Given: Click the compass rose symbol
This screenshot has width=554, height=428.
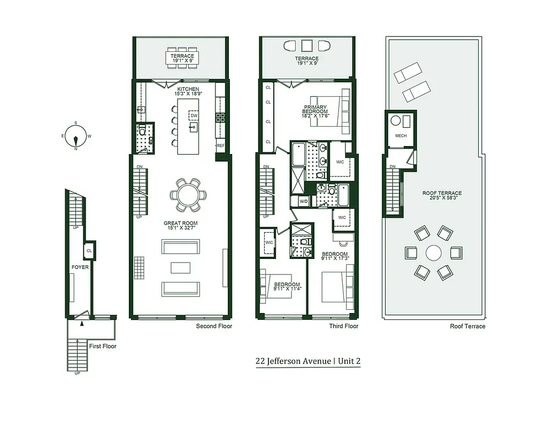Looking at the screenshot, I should click(x=76, y=136).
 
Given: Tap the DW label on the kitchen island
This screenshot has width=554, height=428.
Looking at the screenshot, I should click(x=194, y=116).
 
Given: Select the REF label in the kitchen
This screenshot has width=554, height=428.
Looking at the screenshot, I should click(x=220, y=145).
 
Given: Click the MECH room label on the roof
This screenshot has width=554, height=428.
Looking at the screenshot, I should click(x=401, y=136).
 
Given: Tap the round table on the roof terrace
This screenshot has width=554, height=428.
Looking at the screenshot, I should click(x=433, y=253).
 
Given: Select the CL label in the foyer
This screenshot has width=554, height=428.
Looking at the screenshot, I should click(x=89, y=250).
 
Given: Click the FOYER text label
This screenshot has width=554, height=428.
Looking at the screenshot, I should click(x=80, y=267).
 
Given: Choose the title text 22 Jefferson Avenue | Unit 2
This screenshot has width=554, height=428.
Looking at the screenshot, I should click(x=308, y=361).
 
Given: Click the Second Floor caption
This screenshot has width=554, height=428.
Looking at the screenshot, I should click(x=214, y=326).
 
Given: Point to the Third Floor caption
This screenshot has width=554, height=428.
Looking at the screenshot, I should click(x=343, y=326).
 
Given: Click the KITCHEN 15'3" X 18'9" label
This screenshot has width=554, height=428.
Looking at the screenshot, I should click(x=188, y=91).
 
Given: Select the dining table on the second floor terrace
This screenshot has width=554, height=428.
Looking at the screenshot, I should click(x=183, y=58).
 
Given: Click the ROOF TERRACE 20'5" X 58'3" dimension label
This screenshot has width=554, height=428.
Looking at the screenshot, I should click(x=442, y=196).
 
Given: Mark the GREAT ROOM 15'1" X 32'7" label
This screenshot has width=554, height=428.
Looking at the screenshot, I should click(x=181, y=226).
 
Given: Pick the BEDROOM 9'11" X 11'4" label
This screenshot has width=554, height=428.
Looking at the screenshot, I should click(x=287, y=287).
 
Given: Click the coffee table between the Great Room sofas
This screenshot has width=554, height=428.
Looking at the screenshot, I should click(x=181, y=267).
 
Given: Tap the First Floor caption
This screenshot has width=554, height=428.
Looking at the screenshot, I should click(x=103, y=346).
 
